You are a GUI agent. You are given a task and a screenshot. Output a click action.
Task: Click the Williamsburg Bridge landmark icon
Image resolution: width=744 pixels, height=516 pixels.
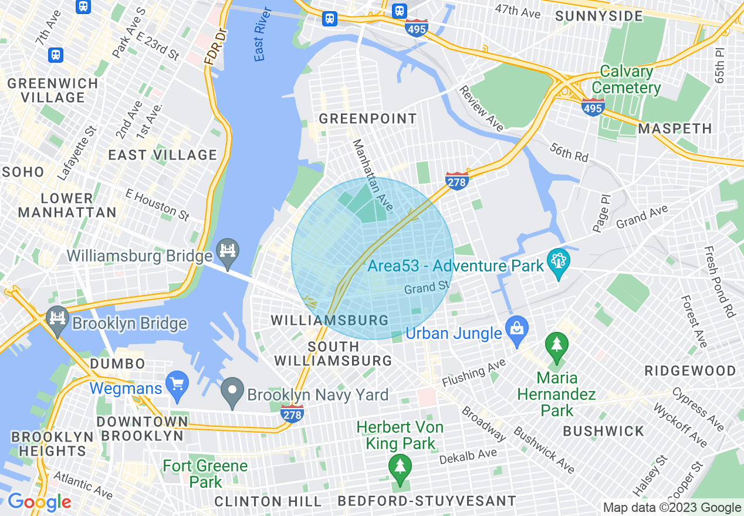[227, 252]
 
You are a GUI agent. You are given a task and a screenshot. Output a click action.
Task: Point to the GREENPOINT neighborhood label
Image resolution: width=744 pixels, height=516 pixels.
[367, 118]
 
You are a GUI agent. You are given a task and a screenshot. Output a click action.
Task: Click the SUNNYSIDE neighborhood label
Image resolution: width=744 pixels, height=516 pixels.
[598, 16]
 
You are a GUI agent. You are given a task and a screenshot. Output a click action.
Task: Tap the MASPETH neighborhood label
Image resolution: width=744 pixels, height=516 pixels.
[675, 128]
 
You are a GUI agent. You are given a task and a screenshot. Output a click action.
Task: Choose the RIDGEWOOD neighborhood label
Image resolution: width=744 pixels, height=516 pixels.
[690, 371]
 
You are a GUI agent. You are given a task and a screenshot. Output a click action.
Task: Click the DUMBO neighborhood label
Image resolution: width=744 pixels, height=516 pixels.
[117, 364]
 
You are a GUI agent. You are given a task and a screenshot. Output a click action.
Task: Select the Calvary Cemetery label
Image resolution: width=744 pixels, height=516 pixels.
[626, 80]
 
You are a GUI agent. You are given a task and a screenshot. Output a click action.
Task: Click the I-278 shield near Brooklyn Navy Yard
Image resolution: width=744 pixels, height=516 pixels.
[292, 412]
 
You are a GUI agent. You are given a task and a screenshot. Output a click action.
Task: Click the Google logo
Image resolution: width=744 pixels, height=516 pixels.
[39, 502]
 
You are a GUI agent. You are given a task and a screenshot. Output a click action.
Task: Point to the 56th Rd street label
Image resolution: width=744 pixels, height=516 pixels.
[569, 152]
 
